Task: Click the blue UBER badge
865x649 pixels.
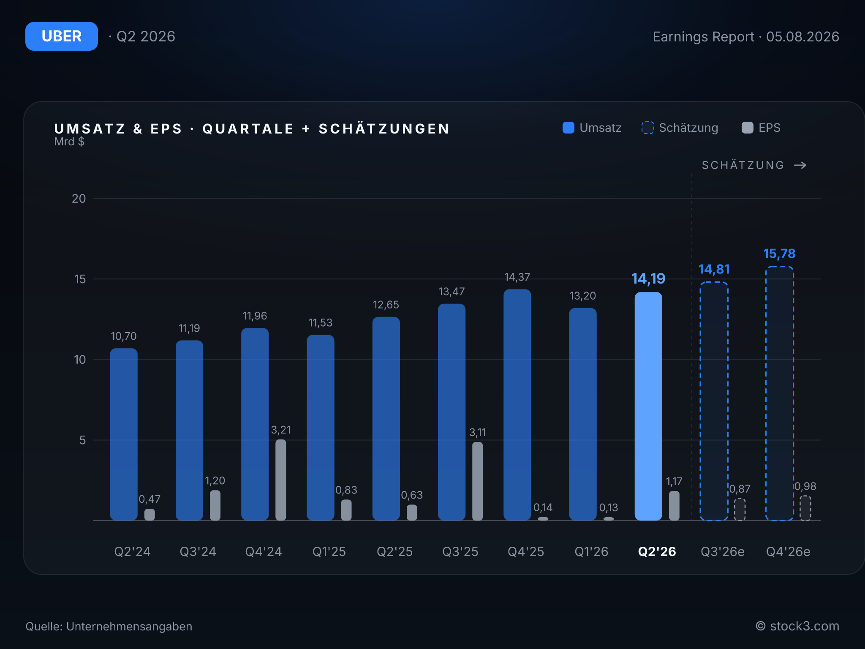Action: click(62, 36)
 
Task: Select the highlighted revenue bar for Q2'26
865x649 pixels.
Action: click(648, 406)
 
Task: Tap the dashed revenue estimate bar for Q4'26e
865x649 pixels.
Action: click(780, 393)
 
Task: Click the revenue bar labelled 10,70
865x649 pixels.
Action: click(124, 434)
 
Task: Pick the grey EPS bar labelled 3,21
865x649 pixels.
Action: click(280, 480)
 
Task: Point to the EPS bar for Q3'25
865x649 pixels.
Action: click(477, 481)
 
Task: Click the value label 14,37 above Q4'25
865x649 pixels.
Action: click(517, 277)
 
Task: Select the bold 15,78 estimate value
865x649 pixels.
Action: click(779, 254)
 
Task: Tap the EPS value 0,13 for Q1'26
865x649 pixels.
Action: click(608, 507)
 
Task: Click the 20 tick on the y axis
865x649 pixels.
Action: click(79, 199)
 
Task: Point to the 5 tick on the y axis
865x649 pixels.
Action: click(82, 440)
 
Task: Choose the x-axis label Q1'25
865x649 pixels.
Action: click(329, 551)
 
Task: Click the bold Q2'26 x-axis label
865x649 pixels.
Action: click(657, 551)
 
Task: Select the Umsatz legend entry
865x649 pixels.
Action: click(592, 128)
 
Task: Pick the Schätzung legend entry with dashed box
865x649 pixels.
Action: click(680, 128)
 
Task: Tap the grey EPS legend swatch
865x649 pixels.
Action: click(748, 128)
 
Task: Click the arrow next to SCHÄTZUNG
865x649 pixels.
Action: click(800, 165)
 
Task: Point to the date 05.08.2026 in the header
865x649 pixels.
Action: click(802, 37)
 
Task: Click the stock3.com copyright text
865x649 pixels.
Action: click(797, 626)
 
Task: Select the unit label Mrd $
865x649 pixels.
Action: click(69, 142)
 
